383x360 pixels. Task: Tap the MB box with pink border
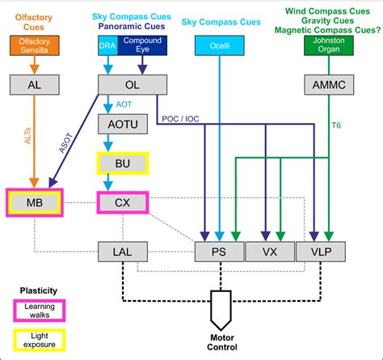click(35, 201)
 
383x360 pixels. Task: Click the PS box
click(219, 252)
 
